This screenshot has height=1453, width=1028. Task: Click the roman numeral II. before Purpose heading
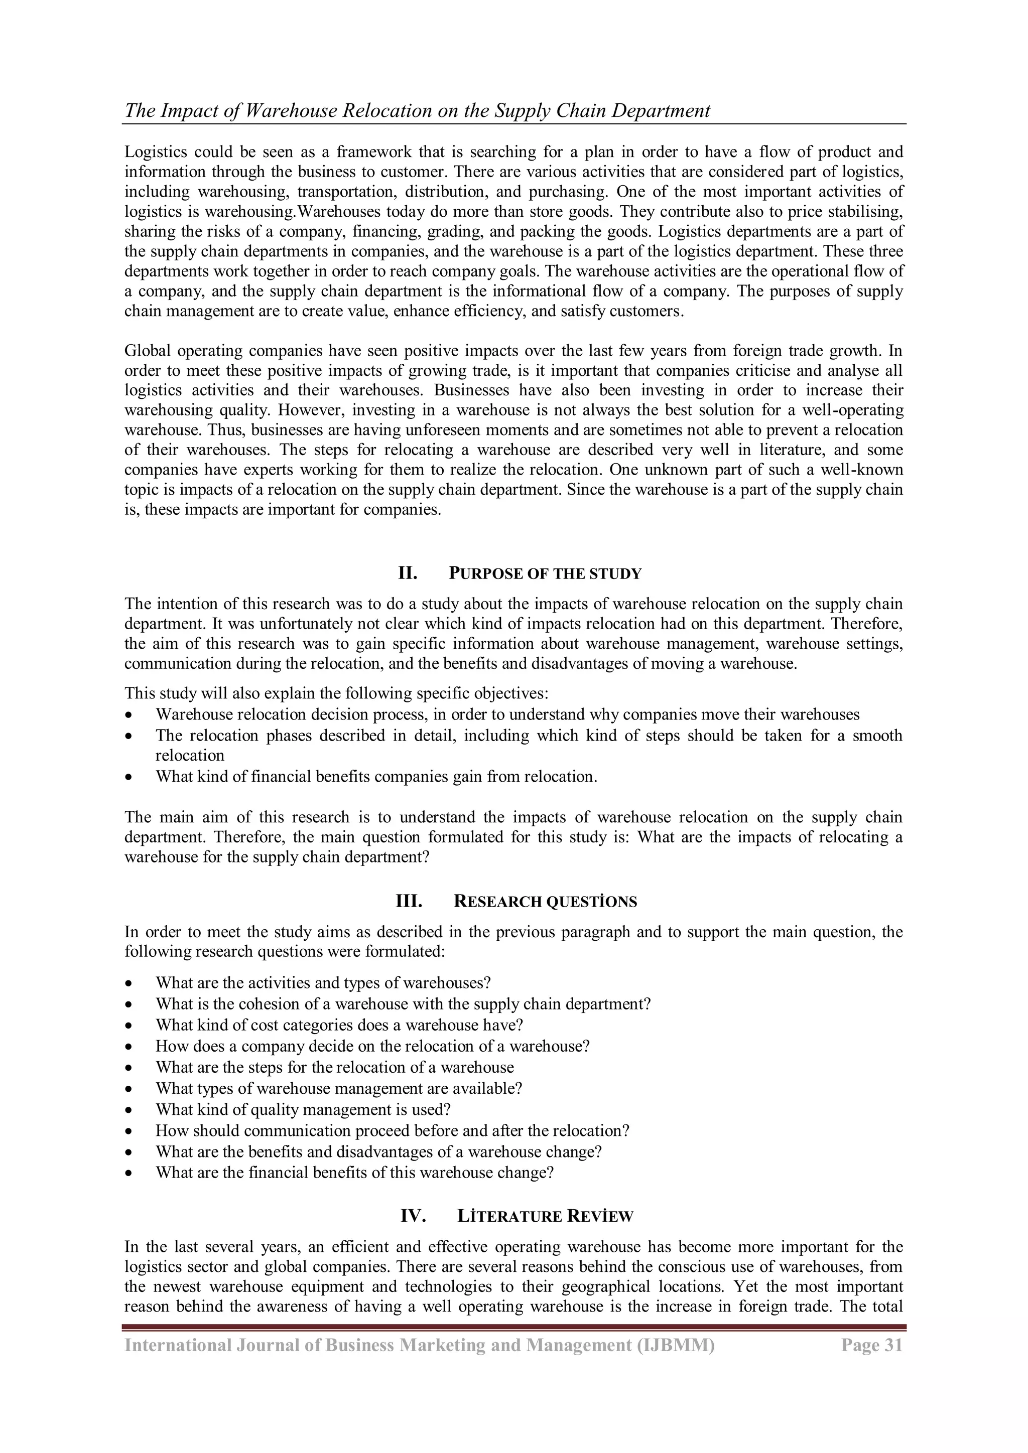click(x=407, y=573)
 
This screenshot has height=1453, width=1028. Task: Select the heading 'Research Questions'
click(x=545, y=902)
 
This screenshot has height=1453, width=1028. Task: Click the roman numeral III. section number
click(x=409, y=902)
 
